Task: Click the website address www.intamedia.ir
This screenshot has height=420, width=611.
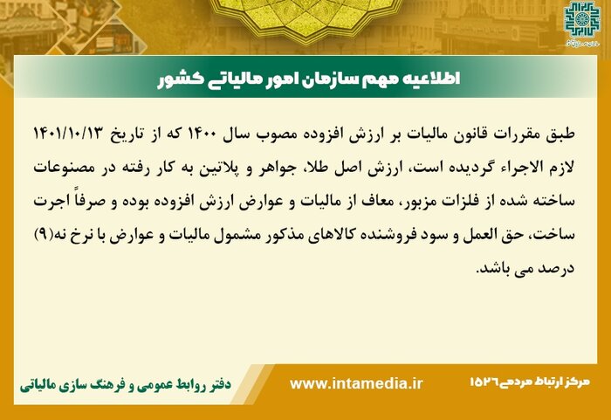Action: pyautogui.click(x=355, y=384)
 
